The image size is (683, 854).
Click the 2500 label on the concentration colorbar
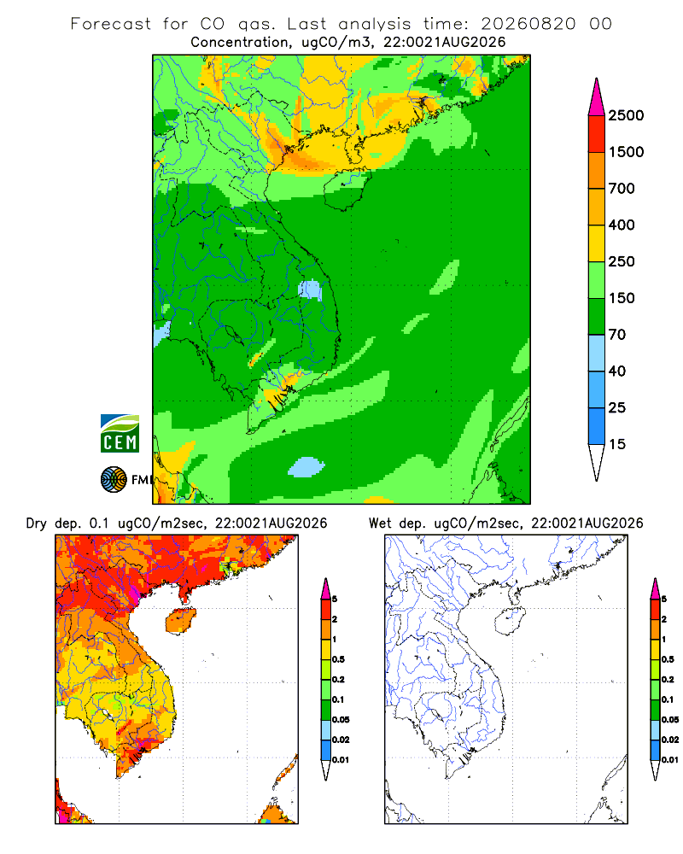(x=626, y=115)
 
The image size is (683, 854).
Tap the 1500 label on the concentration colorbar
(x=626, y=152)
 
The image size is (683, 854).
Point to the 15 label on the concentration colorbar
(x=617, y=444)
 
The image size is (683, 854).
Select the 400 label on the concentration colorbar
(x=622, y=225)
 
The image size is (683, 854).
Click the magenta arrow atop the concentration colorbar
(x=597, y=98)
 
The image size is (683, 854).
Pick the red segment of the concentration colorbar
(x=597, y=134)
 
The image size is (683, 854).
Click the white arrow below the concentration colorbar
(x=597, y=462)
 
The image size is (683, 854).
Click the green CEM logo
(x=120, y=434)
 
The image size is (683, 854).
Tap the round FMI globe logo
(x=114, y=480)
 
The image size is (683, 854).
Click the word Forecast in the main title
(x=111, y=24)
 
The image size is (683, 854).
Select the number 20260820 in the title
(x=528, y=24)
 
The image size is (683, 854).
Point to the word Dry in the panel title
(x=37, y=524)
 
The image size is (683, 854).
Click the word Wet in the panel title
(x=380, y=524)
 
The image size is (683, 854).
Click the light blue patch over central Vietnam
(x=310, y=290)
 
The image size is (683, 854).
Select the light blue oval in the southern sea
(x=306, y=467)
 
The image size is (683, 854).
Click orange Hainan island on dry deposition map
(x=181, y=622)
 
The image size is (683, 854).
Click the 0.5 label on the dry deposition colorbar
(x=339, y=659)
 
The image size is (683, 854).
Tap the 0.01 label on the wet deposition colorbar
(x=670, y=760)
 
